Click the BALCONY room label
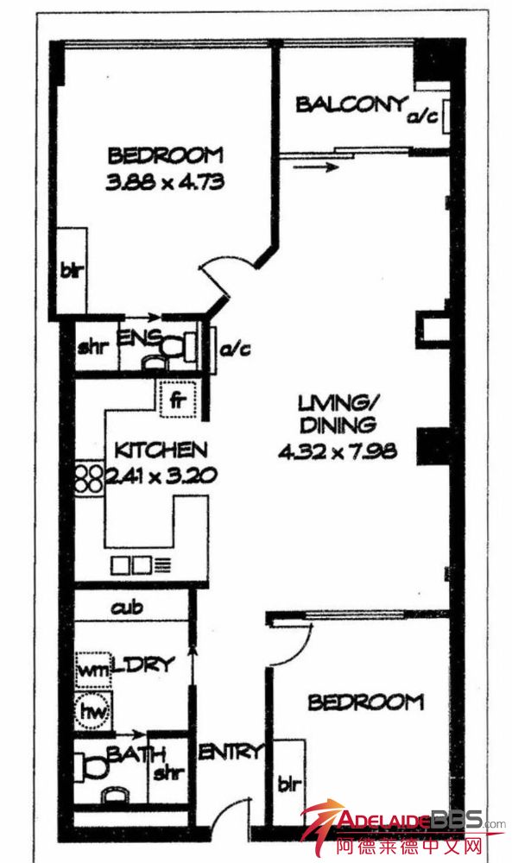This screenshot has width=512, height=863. [x=351, y=104]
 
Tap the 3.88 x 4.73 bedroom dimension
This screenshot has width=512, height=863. [x=165, y=181]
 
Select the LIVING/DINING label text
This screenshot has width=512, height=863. [x=337, y=414]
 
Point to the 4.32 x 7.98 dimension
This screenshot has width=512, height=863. [x=337, y=452]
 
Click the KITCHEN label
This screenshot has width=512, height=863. [x=161, y=450]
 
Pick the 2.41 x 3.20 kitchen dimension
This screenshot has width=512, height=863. [x=161, y=476]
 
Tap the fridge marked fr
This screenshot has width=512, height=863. [x=177, y=400]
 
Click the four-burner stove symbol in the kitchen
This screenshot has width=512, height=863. [x=89, y=478]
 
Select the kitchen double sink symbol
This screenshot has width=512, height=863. [x=132, y=565]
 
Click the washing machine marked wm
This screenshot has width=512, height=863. [x=93, y=670]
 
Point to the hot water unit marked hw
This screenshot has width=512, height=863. [x=93, y=711]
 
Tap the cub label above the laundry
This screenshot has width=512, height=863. [x=127, y=608]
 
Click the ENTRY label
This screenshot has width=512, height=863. [x=231, y=752]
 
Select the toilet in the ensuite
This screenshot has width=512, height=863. [x=177, y=347]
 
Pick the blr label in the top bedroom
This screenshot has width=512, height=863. [x=72, y=271]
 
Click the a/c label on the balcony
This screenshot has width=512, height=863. [x=423, y=117]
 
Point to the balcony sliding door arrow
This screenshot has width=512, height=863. [x=315, y=167]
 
